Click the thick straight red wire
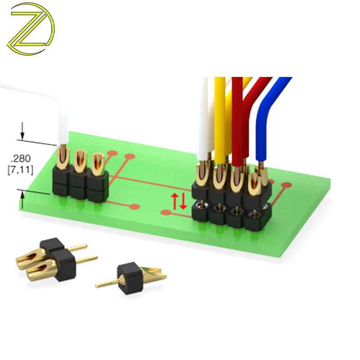237,121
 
